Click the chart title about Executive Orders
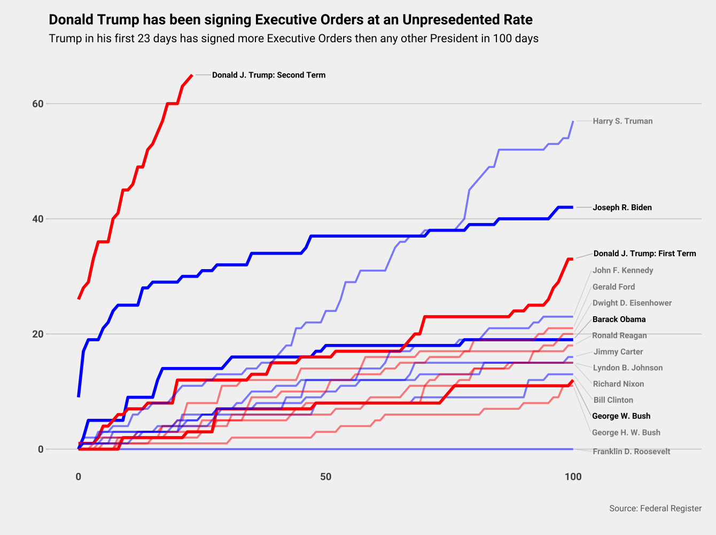(291, 20)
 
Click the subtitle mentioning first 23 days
(293, 39)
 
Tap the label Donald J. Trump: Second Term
(268, 75)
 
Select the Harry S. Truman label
(622, 121)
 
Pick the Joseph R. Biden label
(622, 208)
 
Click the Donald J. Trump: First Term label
(644, 254)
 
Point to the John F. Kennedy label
(622, 270)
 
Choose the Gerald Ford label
(613, 287)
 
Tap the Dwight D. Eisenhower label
(632, 303)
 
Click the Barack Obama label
(619, 319)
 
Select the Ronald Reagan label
(619, 335)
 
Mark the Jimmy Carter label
(618, 351)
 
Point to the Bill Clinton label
(613, 400)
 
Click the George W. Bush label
(621, 416)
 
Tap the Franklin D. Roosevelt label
(631, 452)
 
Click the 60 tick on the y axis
(37, 104)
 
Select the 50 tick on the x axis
(325, 477)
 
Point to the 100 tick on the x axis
(573, 477)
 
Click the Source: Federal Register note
(655, 508)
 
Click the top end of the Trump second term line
(192, 75)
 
